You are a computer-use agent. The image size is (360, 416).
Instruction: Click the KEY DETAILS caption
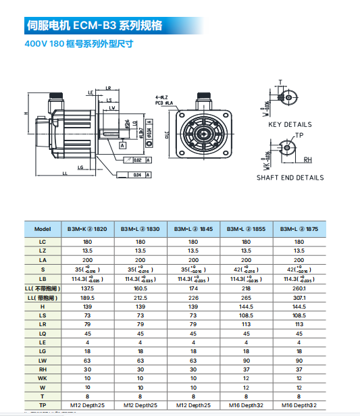290,125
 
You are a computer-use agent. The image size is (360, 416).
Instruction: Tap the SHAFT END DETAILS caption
290,178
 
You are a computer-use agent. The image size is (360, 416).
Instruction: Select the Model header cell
43,229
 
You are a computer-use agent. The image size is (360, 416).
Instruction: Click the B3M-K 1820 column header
87,229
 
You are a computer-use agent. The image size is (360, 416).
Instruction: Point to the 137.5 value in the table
87,288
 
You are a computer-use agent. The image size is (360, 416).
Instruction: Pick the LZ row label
43,250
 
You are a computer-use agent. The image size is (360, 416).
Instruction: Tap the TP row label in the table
43,405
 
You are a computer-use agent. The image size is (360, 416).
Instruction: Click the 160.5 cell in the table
140,288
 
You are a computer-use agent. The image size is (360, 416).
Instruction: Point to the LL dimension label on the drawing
65,174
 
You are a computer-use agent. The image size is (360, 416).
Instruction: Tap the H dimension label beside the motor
25,113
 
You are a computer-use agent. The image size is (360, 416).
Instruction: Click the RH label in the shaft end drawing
307,160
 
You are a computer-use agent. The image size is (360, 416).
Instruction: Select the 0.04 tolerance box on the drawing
137,175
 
